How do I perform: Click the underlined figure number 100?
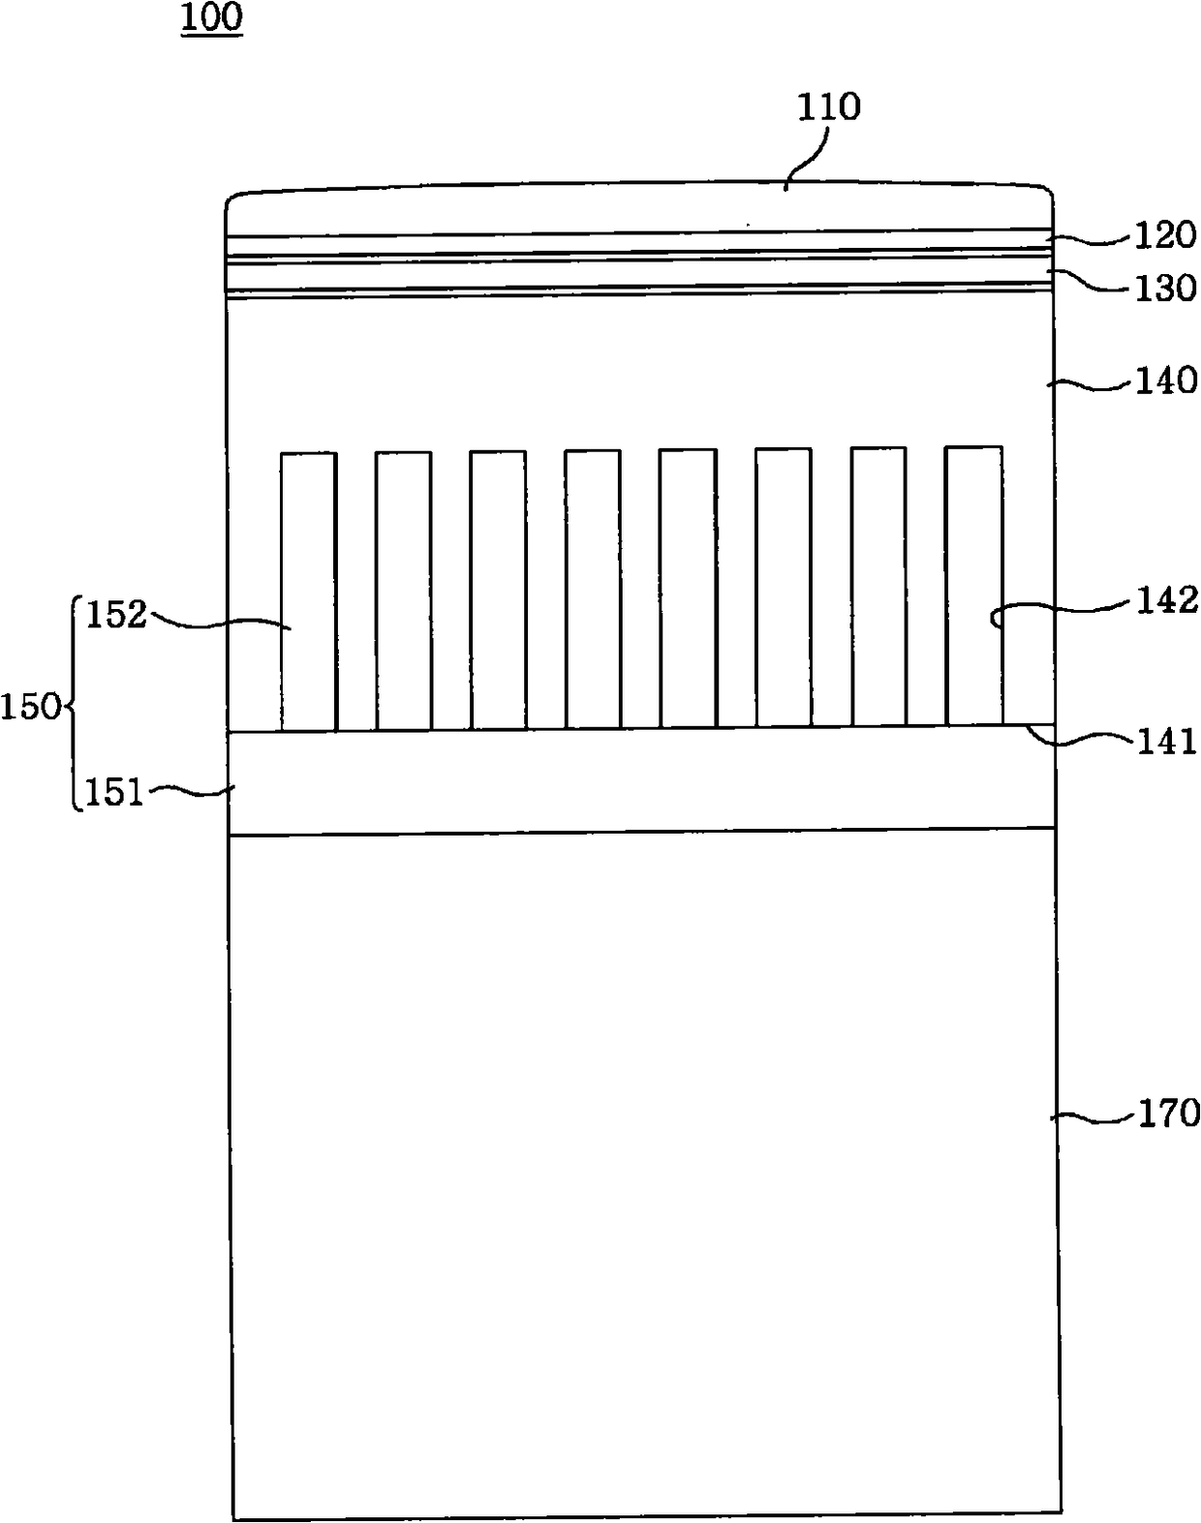211,18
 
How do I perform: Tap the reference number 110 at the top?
828,107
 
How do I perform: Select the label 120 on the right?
1165,235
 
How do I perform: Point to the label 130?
1165,288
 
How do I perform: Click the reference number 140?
1165,381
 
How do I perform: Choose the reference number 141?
1165,742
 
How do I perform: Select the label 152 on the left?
115,614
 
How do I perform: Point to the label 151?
115,793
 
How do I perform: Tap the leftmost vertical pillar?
309,591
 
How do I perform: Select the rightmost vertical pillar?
973,586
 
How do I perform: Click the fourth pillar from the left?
593,589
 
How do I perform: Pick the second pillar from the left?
403,590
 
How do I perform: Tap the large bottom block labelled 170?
644,1172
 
